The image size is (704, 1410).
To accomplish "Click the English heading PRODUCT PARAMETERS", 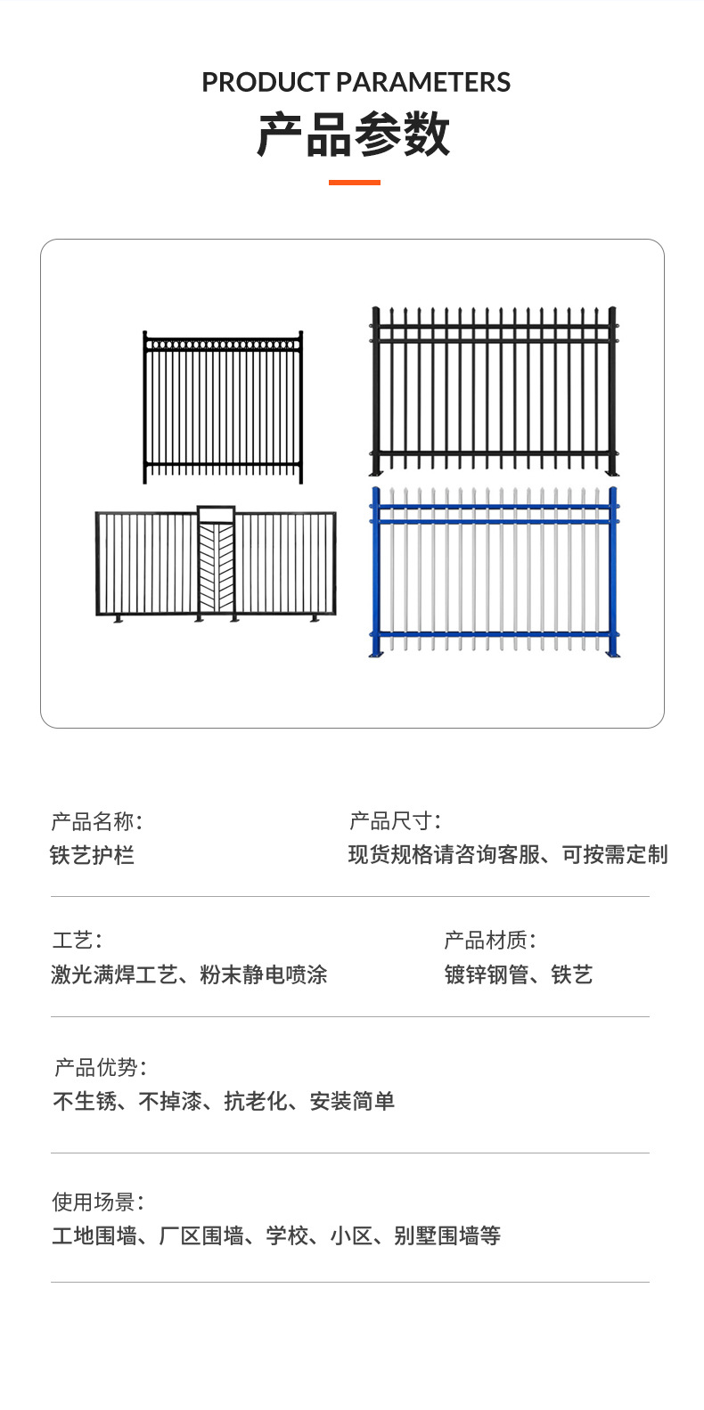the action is point(356,83).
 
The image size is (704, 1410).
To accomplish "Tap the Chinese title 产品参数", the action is point(354,136).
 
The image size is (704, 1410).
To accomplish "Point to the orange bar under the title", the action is point(354,183).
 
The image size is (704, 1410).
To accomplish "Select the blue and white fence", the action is point(494,572).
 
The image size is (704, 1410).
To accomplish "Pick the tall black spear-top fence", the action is point(494,390).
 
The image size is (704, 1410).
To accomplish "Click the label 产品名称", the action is point(96,820).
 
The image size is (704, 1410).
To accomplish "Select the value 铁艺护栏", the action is point(92,856).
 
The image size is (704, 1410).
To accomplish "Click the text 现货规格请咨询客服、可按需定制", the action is point(507,855).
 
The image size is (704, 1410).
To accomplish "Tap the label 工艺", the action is point(77,940).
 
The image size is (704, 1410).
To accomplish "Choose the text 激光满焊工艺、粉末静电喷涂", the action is point(189,974).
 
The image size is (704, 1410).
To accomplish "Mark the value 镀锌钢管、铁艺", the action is point(518,974).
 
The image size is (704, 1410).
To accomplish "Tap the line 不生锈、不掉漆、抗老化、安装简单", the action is point(224,1102).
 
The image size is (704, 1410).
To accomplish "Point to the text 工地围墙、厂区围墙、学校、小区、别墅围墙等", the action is point(276,1236).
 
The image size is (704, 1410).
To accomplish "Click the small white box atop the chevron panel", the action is point(217,514).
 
